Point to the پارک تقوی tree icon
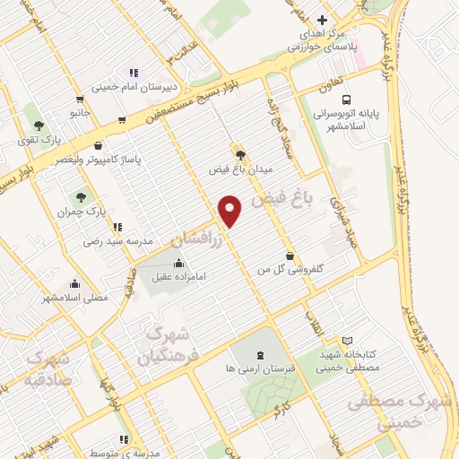tap(38, 124)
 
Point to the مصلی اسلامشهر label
tap(75, 297)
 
